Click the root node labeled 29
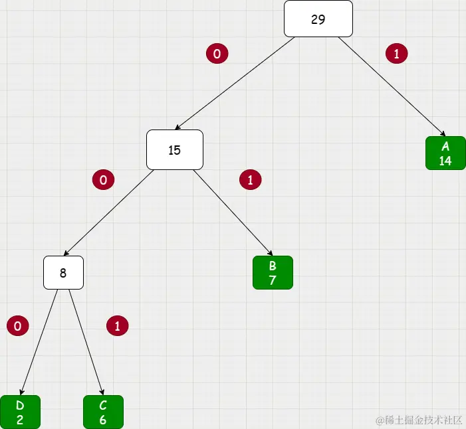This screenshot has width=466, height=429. coord(318,19)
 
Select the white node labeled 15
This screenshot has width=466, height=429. coord(174,149)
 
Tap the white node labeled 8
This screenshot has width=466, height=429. coord(63,272)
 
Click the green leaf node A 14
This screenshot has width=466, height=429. coord(445,153)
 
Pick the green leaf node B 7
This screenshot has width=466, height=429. coord(273,272)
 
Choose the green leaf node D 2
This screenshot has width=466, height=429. coord(20,412)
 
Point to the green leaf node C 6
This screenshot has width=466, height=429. coord(103,412)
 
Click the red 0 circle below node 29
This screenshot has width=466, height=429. coord(217,54)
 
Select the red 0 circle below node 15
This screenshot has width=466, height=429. coord(103,179)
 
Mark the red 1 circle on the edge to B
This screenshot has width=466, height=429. coord(250,179)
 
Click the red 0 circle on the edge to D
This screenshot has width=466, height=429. coord(17,325)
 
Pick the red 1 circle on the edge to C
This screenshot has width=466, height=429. coord(117,325)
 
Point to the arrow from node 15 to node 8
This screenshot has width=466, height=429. coord(109,212)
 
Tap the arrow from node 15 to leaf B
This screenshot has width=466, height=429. coord(233,212)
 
